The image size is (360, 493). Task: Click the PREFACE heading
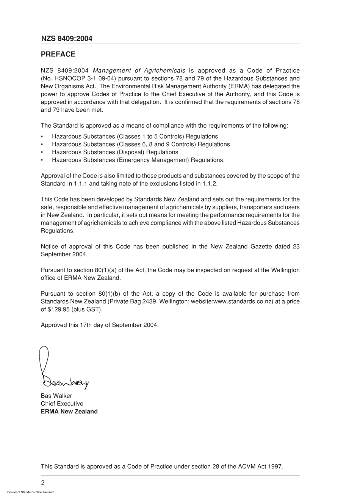tap(58, 54)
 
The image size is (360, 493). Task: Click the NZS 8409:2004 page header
tap(66, 39)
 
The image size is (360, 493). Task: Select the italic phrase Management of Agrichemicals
tap(139, 70)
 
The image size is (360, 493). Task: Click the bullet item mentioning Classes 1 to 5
tap(135, 136)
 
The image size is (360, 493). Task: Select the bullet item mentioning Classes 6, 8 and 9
tap(141, 144)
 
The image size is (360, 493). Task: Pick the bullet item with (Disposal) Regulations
tap(115, 152)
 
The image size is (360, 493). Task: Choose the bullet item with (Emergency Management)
tap(138, 160)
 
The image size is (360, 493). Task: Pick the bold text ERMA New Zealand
tap(69, 412)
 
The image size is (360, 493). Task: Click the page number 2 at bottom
tap(43, 482)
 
